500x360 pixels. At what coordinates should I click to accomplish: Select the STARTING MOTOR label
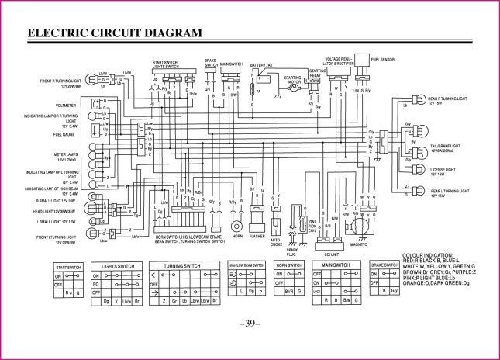(x=293, y=78)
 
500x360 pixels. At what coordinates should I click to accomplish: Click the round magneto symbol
(x=358, y=225)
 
